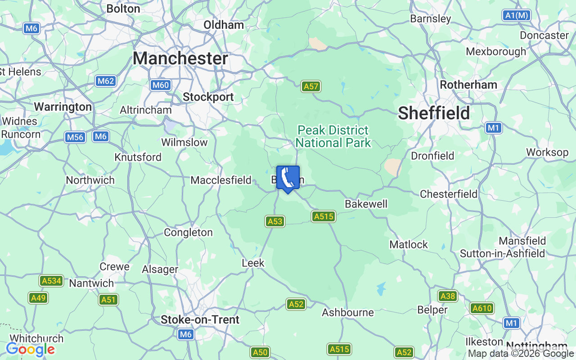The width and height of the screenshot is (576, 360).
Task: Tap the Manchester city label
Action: [x=180, y=58]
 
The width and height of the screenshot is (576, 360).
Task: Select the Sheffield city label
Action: [x=434, y=113]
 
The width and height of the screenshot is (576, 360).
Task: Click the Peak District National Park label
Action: [x=333, y=137]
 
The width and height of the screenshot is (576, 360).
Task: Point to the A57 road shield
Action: [x=311, y=86]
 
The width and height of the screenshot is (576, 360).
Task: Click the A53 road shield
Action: [x=275, y=221]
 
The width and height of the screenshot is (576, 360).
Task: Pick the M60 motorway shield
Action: [x=160, y=85]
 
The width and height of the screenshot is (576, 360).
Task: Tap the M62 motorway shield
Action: [x=106, y=81]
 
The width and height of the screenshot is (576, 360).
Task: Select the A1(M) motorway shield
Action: [x=516, y=15]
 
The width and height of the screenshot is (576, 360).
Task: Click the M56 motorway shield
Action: [x=75, y=137]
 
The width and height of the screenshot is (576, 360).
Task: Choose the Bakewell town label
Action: [x=366, y=204]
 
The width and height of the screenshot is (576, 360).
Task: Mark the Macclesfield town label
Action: [x=221, y=180]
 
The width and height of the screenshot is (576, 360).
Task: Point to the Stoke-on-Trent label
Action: [x=200, y=319]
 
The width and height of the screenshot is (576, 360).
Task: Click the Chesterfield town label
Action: [x=448, y=194]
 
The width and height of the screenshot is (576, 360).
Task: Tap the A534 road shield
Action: [x=51, y=281]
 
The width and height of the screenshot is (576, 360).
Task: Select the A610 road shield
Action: [x=482, y=308]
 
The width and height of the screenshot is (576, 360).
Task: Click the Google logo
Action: [x=30, y=349]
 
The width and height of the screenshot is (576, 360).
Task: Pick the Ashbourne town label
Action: [x=348, y=312]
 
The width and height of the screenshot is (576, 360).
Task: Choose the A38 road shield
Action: [x=447, y=296]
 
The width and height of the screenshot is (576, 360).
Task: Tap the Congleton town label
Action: [x=188, y=233]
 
